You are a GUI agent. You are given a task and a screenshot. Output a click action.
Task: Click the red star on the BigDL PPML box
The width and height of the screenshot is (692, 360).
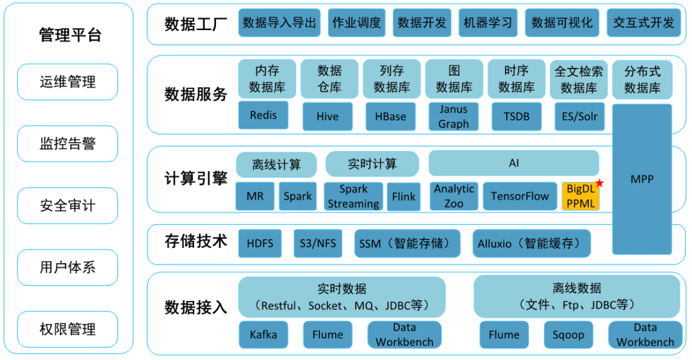pos(600,184)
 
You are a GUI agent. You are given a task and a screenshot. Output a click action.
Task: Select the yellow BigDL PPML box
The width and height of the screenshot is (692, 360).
pos(581,196)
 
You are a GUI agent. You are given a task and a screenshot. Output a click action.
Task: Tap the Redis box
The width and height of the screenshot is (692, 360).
pos(263,115)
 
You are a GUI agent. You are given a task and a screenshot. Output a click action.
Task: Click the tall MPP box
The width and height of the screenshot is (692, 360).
pos(641,179)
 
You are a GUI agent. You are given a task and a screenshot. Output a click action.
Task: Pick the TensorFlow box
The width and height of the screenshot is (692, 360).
pos(520,196)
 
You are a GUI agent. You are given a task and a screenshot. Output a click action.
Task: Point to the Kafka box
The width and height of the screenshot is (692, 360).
pos(263,334)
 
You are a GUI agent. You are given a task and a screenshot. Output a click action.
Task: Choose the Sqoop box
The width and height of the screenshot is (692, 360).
pos(568,334)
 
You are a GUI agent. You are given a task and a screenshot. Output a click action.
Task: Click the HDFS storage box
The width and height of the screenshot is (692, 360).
pos(259,243)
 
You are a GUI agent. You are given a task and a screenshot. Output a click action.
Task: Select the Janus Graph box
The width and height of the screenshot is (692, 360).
pos(453,117)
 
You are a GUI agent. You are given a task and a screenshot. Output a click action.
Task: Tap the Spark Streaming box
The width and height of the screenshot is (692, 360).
pos(353,196)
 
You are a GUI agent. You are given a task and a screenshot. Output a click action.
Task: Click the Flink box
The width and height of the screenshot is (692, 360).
pos(404,197)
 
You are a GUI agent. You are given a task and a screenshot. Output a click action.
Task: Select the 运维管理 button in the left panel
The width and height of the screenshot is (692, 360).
pos(67,82)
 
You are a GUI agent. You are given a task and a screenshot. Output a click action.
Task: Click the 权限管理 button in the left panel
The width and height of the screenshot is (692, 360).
pos(67,329)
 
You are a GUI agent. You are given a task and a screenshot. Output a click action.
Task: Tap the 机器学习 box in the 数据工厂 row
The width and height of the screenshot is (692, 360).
pos(488,23)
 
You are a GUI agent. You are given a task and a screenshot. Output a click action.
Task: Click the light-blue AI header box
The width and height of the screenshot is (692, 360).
pos(513,163)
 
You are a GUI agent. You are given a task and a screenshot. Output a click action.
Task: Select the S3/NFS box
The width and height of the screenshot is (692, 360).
pos(318,243)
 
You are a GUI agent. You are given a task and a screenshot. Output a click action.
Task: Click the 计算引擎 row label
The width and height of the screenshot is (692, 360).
pos(195,178)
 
